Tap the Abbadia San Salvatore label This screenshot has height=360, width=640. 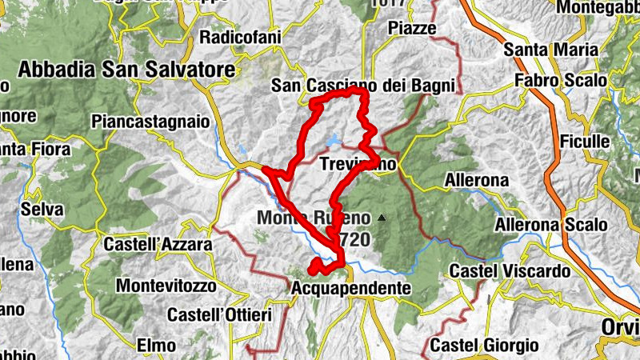[126, 70]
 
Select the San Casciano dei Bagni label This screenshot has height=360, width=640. [363, 86]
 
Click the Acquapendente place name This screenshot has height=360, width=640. [351, 287]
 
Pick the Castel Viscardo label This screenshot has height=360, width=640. [510, 271]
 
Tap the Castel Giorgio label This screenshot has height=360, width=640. [484, 346]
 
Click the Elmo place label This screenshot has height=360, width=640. [156, 346]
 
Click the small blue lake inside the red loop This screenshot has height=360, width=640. [333, 142]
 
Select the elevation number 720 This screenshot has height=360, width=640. [354, 238]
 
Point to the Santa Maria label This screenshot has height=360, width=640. [551, 49]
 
